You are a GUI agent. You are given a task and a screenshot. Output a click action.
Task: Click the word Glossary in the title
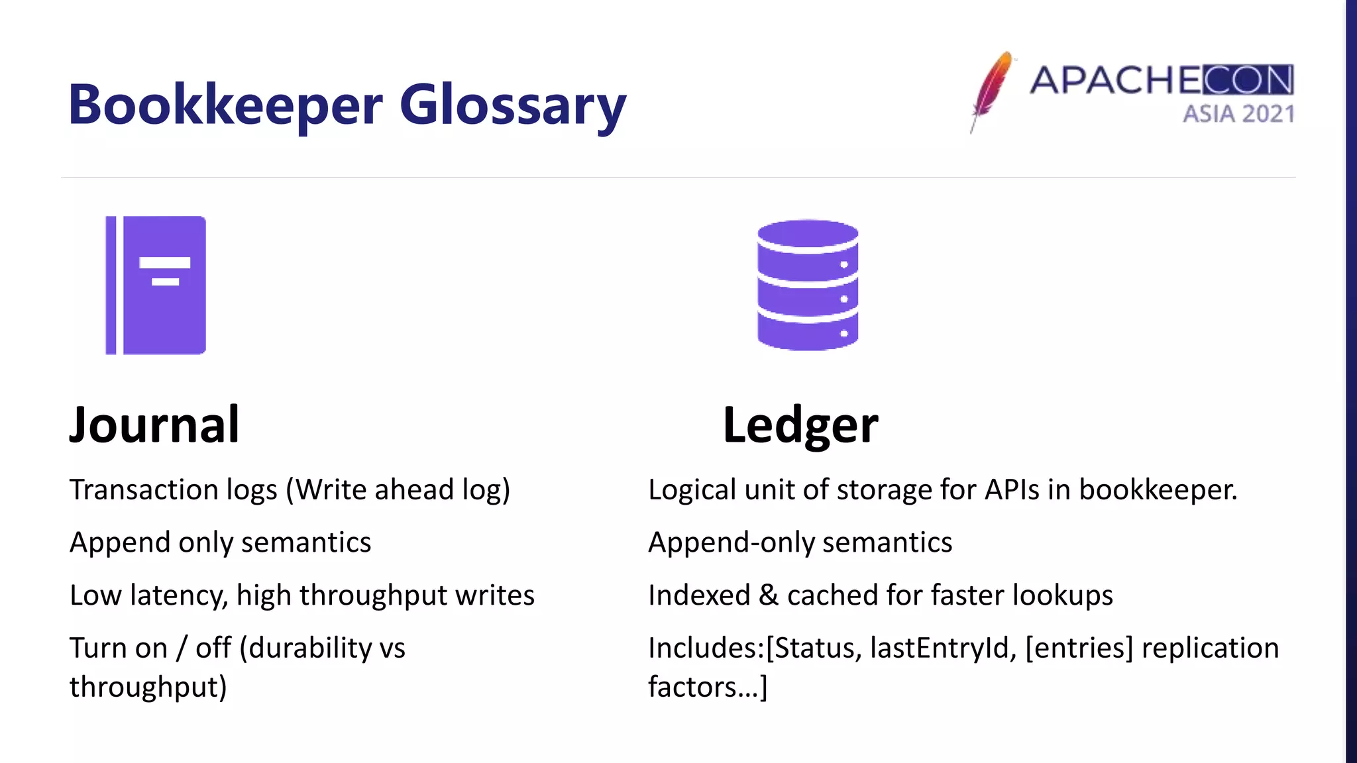tap(512, 106)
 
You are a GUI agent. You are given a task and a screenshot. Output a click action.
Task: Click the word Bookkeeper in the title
tap(225, 106)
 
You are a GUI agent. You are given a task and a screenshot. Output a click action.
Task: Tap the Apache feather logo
tap(991, 91)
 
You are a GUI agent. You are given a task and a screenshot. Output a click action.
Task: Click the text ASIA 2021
tap(1238, 114)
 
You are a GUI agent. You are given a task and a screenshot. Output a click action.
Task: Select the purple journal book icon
tap(156, 285)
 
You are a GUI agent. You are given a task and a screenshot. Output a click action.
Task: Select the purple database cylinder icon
tap(808, 285)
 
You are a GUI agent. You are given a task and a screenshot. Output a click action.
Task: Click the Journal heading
tap(154, 425)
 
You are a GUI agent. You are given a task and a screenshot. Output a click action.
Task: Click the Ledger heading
tap(800, 425)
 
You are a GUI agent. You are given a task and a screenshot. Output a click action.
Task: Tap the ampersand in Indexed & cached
tap(769, 595)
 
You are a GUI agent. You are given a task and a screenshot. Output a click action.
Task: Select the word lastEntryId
tap(943, 648)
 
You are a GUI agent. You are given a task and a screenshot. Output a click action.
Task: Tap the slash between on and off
tap(182, 648)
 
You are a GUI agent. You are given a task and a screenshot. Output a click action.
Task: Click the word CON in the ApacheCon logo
tap(1248, 80)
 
